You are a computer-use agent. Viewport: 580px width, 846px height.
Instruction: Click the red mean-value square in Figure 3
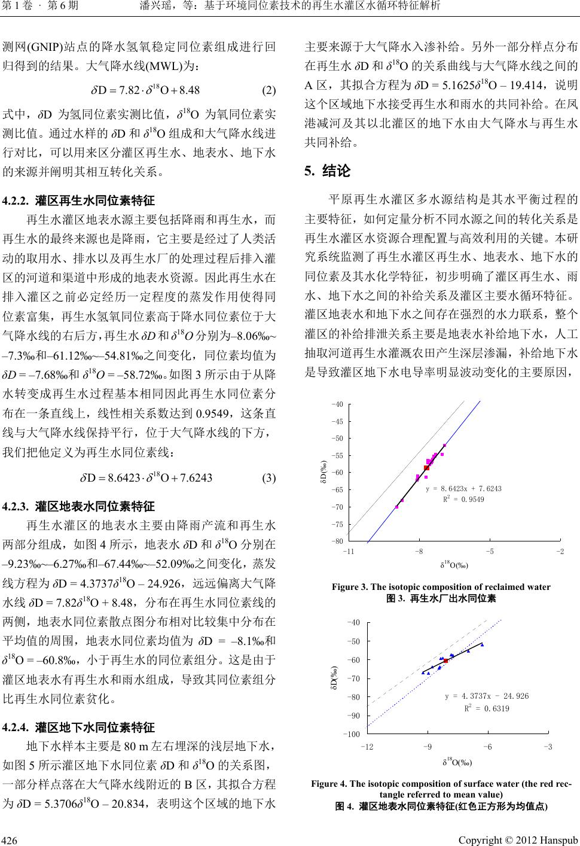[426, 468]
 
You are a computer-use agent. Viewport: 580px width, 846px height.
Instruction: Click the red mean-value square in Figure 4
[446, 661]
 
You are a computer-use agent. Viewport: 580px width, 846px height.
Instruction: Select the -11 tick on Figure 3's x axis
[350, 550]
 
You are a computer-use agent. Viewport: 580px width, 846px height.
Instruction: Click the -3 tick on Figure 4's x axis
[548, 747]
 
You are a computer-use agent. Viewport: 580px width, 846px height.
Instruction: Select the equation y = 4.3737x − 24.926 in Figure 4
[487, 696]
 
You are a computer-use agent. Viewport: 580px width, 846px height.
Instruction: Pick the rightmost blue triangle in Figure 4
[482, 644]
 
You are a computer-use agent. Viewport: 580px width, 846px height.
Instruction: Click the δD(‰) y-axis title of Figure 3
[323, 472]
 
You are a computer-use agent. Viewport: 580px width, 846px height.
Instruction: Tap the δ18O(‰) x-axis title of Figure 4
[457, 762]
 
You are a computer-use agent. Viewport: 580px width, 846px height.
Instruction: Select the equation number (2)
[269, 91]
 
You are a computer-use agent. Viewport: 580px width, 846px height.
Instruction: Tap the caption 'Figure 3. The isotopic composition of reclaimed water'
[441, 586]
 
